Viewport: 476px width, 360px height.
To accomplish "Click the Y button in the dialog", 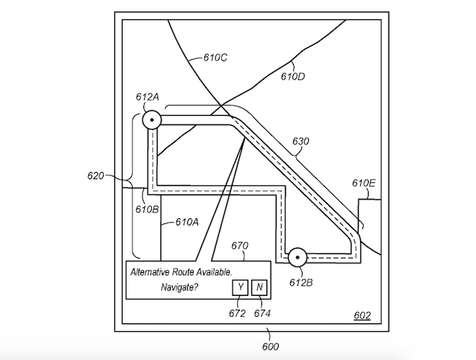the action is coord(240,287).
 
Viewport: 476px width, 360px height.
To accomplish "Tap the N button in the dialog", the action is coord(259,287).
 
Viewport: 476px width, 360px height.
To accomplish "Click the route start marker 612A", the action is coord(152,120).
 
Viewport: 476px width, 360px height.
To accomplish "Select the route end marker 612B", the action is coord(297,258).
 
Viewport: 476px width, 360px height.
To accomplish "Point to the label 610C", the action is coord(215,58).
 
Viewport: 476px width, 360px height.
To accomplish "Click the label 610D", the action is coord(292,76).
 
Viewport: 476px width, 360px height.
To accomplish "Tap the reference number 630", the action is coord(301,141).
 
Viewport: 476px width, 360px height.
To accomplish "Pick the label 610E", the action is coord(364,183).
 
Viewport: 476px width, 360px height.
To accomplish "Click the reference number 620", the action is coord(96,176).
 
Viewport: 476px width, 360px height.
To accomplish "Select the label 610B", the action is coord(147,210).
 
